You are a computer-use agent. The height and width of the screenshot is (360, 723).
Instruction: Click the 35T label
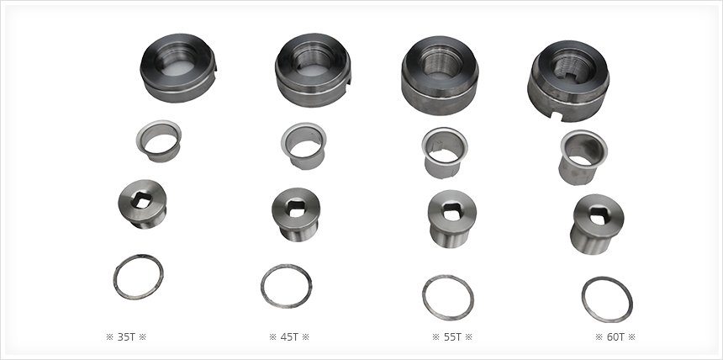[126, 337]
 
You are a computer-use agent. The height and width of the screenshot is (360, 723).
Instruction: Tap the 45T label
[289, 337]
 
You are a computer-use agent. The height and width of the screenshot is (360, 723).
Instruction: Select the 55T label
[452, 337]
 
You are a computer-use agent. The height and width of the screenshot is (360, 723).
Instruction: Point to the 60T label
[615, 337]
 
